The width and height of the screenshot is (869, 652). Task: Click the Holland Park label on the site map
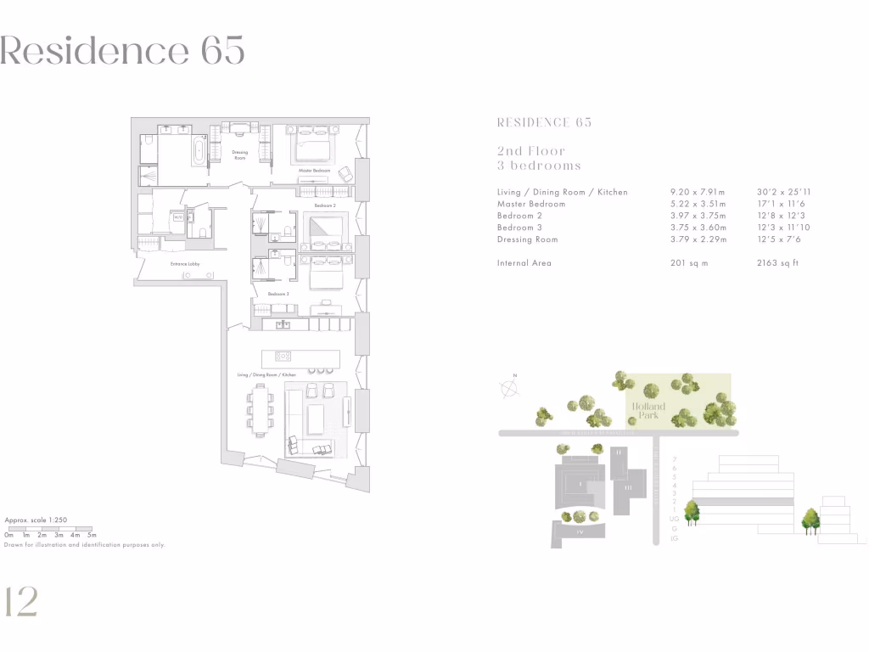coord(648,411)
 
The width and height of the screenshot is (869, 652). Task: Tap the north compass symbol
coord(509,388)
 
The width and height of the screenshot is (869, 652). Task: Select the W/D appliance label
coord(178,217)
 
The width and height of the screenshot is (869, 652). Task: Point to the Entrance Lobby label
coord(184,264)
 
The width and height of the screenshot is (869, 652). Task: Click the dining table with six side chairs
coord(261,407)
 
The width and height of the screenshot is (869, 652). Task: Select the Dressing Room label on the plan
coord(240,155)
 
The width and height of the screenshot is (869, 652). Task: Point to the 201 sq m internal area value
coord(689,263)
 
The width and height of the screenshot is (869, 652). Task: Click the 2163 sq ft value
coord(777,263)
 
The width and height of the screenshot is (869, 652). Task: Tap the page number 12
coord(20,601)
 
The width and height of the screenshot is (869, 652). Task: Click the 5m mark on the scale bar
coord(92,536)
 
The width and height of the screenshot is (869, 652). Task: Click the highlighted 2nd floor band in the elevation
coord(743,502)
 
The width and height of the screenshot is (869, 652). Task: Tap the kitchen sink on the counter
coord(283,325)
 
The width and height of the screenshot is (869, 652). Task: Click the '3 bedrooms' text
coord(539,166)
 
